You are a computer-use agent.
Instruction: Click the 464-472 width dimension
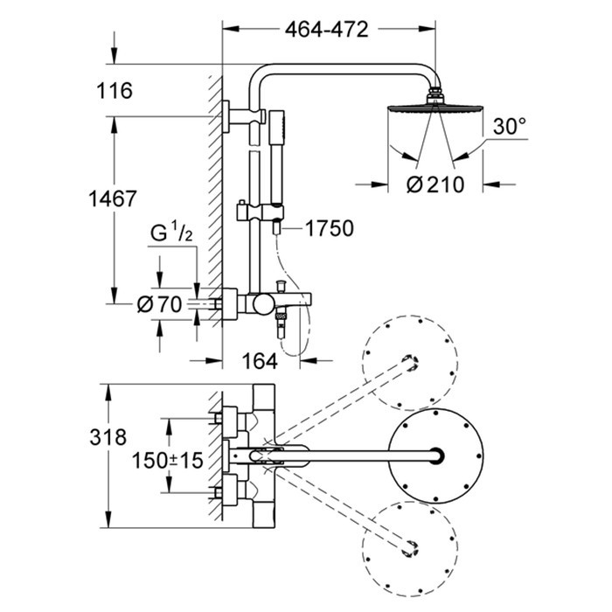326,29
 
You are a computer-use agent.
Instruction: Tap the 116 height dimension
115,91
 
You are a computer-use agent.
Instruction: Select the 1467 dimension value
113,198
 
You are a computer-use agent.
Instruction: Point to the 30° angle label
510,126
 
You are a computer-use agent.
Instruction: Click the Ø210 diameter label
435,184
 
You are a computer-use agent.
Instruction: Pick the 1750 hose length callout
330,228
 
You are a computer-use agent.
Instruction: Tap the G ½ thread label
171,233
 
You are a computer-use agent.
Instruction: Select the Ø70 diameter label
160,303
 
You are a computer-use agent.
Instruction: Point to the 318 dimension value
108,437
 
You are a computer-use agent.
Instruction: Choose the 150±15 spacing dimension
168,460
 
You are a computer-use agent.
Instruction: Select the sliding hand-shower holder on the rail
260,212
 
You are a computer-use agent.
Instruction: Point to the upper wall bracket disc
226,116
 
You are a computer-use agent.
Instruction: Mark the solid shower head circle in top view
435,456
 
